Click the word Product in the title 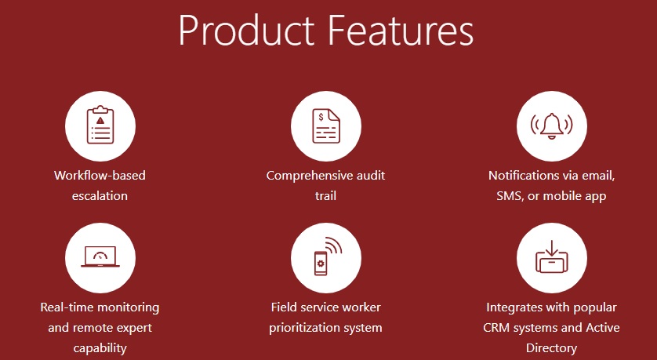pos(246,31)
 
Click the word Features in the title pos(400,31)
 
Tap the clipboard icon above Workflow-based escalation pos(100,125)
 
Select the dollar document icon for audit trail pos(326,126)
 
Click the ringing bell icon pos(551,125)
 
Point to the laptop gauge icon pos(100,256)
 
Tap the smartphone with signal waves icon pos(328,256)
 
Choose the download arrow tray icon pos(551,256)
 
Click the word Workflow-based pos(100,175)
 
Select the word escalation pos(100,196)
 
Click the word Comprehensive pos(310,176)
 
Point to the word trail pos(325,196)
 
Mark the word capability pos(100,348)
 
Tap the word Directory pos(551,348)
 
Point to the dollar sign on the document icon pos(321,117)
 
